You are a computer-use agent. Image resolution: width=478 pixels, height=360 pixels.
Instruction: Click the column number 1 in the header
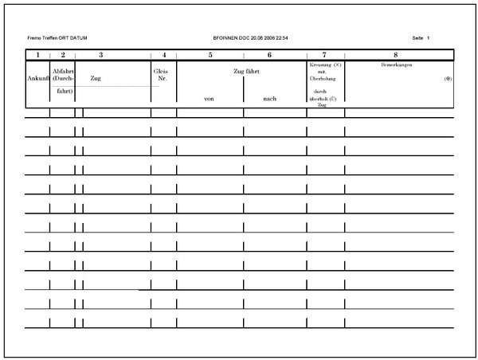[37, 55]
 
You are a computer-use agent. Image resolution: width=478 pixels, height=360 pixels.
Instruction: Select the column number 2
[62, 55]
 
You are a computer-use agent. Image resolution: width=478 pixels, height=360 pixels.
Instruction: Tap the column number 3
[101, 55]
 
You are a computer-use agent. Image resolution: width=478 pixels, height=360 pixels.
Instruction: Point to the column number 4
[163, 55]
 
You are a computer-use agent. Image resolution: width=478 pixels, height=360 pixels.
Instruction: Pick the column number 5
[210, 55]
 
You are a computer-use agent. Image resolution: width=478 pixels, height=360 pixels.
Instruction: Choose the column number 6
[269, 55]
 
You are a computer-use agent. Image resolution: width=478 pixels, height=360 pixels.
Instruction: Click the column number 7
[324, 55]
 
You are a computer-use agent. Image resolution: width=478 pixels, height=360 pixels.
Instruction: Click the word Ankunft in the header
[37, 79]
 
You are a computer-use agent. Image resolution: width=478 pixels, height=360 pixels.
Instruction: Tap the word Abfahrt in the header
[63, 71]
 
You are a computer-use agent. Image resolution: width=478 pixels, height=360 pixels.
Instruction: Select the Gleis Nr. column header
[162, 75]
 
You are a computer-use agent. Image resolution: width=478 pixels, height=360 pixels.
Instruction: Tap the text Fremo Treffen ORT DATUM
[57, 38]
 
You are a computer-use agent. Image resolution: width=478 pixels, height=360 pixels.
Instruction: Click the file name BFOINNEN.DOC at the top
[232, 38]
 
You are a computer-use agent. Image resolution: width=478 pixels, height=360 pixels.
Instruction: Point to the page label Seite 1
[421, 38]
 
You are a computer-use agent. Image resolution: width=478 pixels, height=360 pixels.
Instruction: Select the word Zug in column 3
[96, 79]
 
